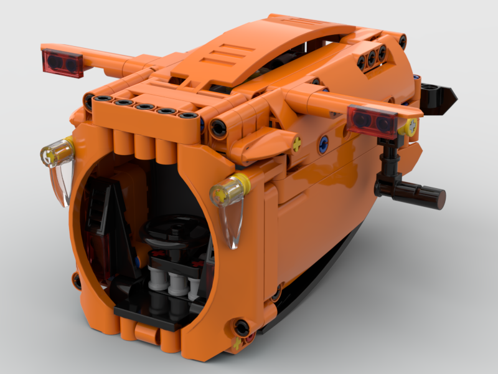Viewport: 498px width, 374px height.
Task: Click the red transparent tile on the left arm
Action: [x=62, y=63]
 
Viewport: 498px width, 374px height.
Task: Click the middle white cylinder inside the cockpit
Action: [x=176, y=282]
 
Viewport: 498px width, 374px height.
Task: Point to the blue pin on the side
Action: [x=322, y=145]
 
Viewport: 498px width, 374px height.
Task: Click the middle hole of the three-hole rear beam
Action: [x=372, y=57]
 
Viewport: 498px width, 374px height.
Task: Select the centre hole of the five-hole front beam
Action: [x=144, y=107]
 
